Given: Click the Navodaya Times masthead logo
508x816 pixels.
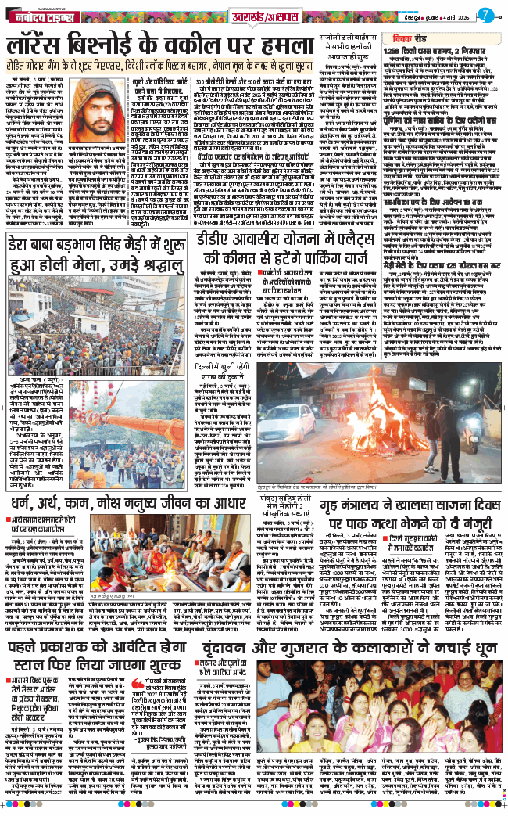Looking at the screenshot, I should [39, 15].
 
